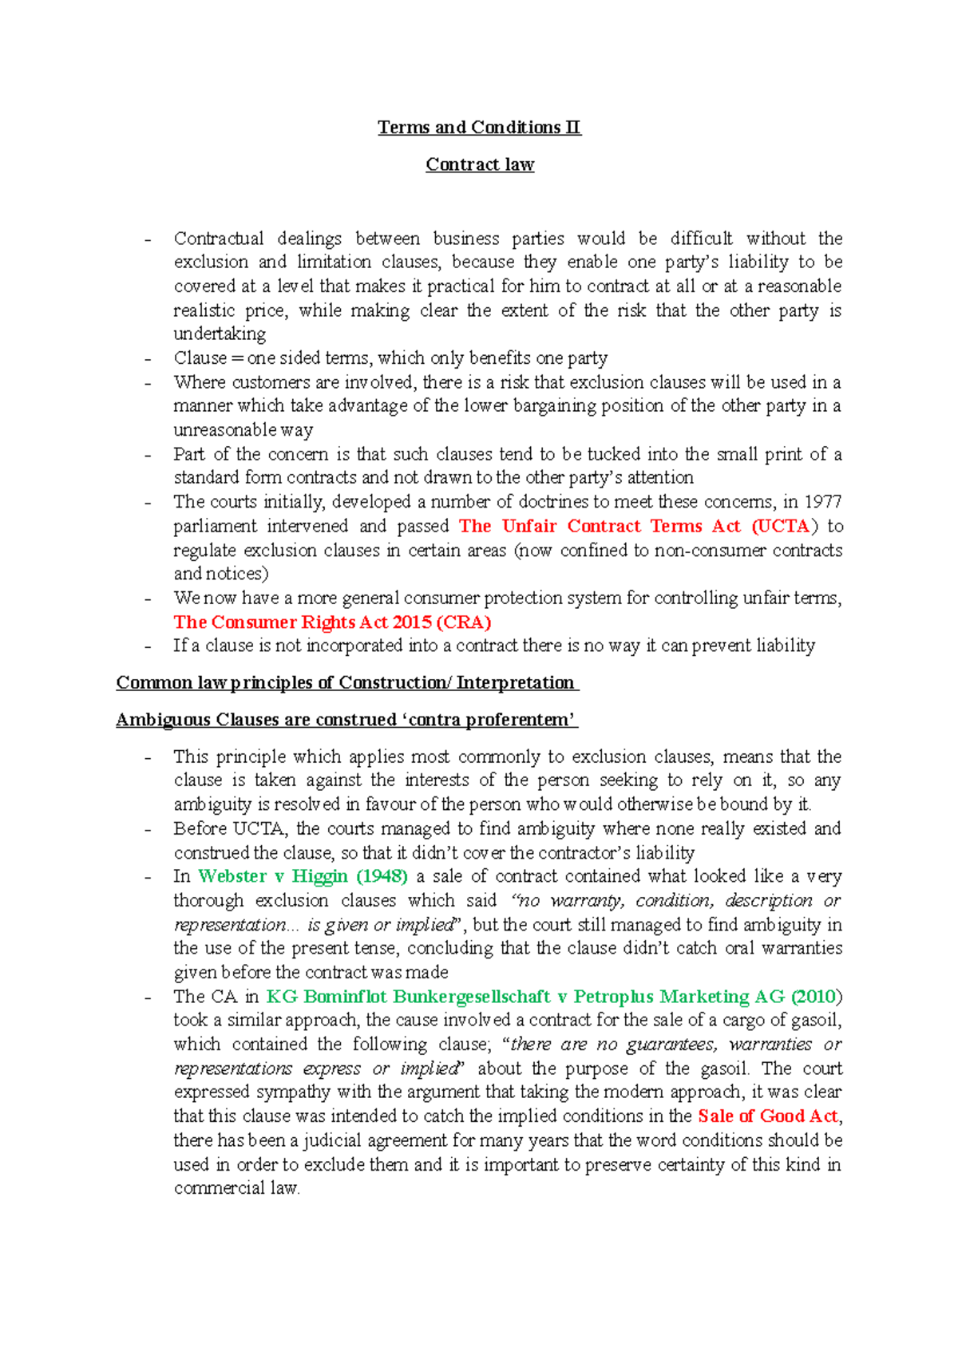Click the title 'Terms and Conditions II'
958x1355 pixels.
tap(479, 128)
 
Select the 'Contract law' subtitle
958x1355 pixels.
tap(479, 164)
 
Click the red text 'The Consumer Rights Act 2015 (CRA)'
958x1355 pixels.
tap(332, 622)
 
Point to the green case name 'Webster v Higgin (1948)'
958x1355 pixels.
tap(303, 876)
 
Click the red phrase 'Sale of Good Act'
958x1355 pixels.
tap(767, 1116)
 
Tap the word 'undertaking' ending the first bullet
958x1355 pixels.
tap(220, 334)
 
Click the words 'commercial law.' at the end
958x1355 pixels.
tap(236, 1188)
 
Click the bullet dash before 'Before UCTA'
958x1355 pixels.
tap(148, 830)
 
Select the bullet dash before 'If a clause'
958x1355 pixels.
tap(148, 646)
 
